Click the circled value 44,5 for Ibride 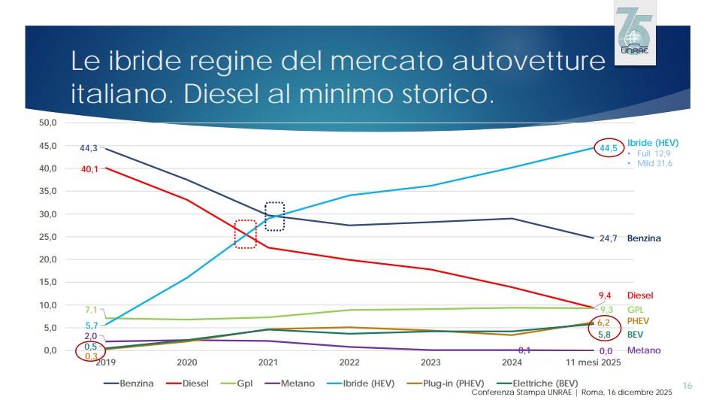tap(608, 148)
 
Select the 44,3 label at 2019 tap(89, 148)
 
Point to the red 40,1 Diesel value tap(89, 169)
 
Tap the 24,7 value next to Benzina tap(608, 238)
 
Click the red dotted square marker tap(246, 234)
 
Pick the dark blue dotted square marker tap(275, 217)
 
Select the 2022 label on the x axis tap(349, 362)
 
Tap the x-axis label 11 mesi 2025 tap(594, 362)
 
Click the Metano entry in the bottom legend tap(294, 383)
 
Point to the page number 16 tap(686, 383)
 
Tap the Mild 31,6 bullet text tap(654, 163)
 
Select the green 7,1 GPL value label tap(92, 310)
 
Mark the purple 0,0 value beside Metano tap(606, 351)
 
